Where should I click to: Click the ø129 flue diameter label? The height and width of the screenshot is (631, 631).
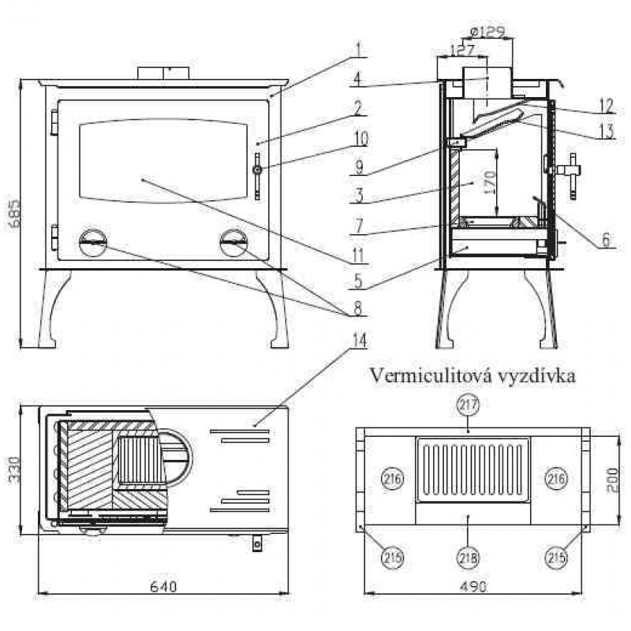pos(487,31)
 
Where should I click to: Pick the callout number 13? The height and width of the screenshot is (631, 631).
pos(605,133)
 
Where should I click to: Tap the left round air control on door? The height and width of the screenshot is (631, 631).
pos(93,241)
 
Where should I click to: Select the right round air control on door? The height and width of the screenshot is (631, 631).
pos(233,241)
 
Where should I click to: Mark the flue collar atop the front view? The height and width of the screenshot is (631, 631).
pos(165,73)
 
